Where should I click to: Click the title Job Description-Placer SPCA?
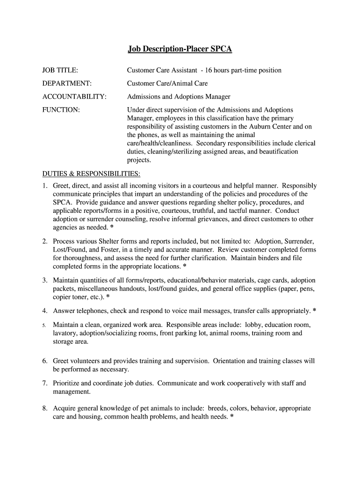click(x=180, y=49)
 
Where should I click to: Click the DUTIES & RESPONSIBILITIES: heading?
click(x=91, y=174)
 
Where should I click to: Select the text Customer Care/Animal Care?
click(x=167, y=84)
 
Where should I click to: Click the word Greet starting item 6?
click(x=61, y=361)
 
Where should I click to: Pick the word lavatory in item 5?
click(x=65, y=334)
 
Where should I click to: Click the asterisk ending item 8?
click(x=231, y=417)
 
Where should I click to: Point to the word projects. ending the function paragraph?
click(x=139, y=160)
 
